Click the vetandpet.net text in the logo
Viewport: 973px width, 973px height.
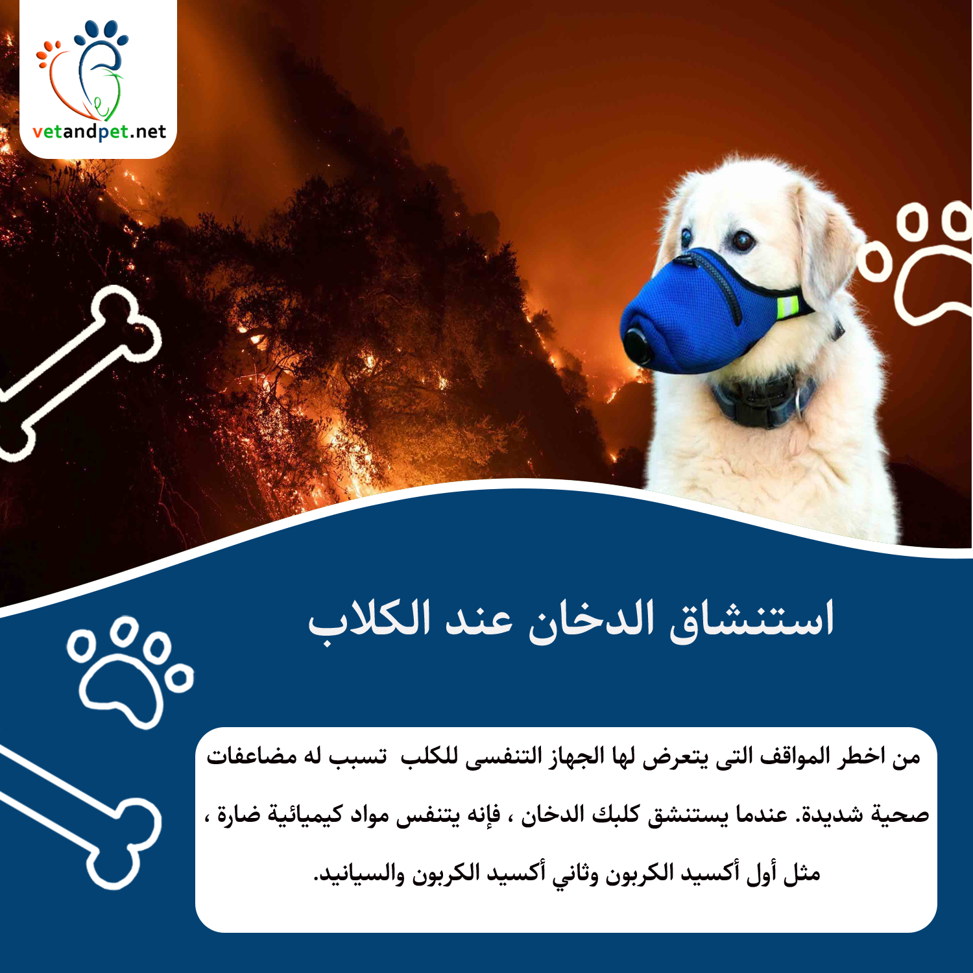[x=99, y=132]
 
